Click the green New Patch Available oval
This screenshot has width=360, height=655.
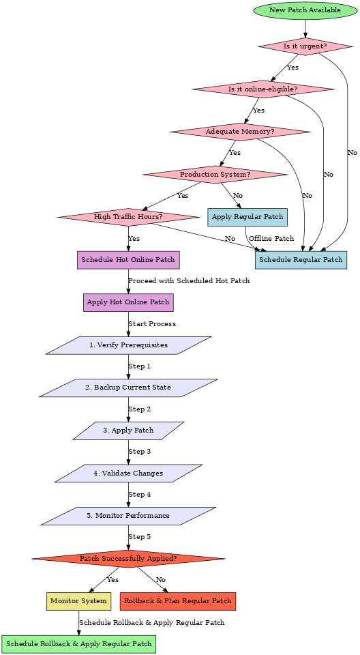pos(305,10)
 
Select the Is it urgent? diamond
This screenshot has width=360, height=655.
pos(305,46)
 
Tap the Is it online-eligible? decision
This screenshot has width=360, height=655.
pos(263,89)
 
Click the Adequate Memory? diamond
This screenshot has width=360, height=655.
pos(240,132)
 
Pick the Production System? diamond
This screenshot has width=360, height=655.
pos(215,175)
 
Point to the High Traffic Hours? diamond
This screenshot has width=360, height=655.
pos(128,217)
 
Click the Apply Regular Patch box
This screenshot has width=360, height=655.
pos(247,217)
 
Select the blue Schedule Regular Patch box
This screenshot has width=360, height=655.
pos(301,259)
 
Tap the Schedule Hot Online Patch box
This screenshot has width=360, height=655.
pos(128,259)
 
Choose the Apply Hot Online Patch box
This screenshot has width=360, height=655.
pos(128,302)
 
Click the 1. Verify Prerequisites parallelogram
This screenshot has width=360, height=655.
pos(128,345)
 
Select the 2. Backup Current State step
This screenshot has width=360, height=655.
pos(128,388)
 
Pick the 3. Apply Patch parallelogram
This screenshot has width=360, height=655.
pos(128,431)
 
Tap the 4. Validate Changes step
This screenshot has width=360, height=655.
pos(128,473)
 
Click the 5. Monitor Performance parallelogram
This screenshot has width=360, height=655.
pos(128,516)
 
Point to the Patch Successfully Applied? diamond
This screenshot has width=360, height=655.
pos(128,559)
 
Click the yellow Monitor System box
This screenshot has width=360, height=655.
pos(78,601)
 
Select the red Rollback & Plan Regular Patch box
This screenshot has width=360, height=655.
pos(178,601)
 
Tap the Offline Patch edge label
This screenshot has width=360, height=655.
pos(271,239)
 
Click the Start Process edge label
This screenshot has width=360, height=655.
pos(152,324)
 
